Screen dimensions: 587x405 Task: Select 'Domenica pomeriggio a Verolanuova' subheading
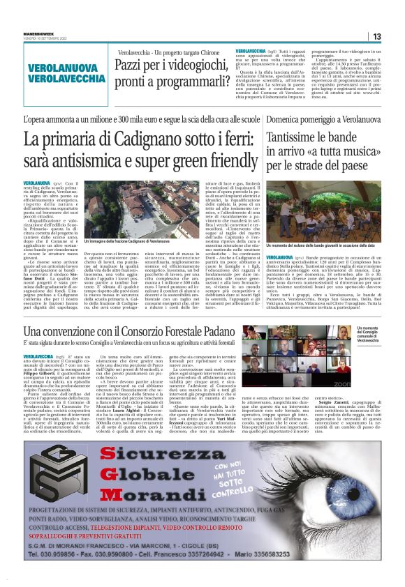pyautogui.click(x=321, y=121)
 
